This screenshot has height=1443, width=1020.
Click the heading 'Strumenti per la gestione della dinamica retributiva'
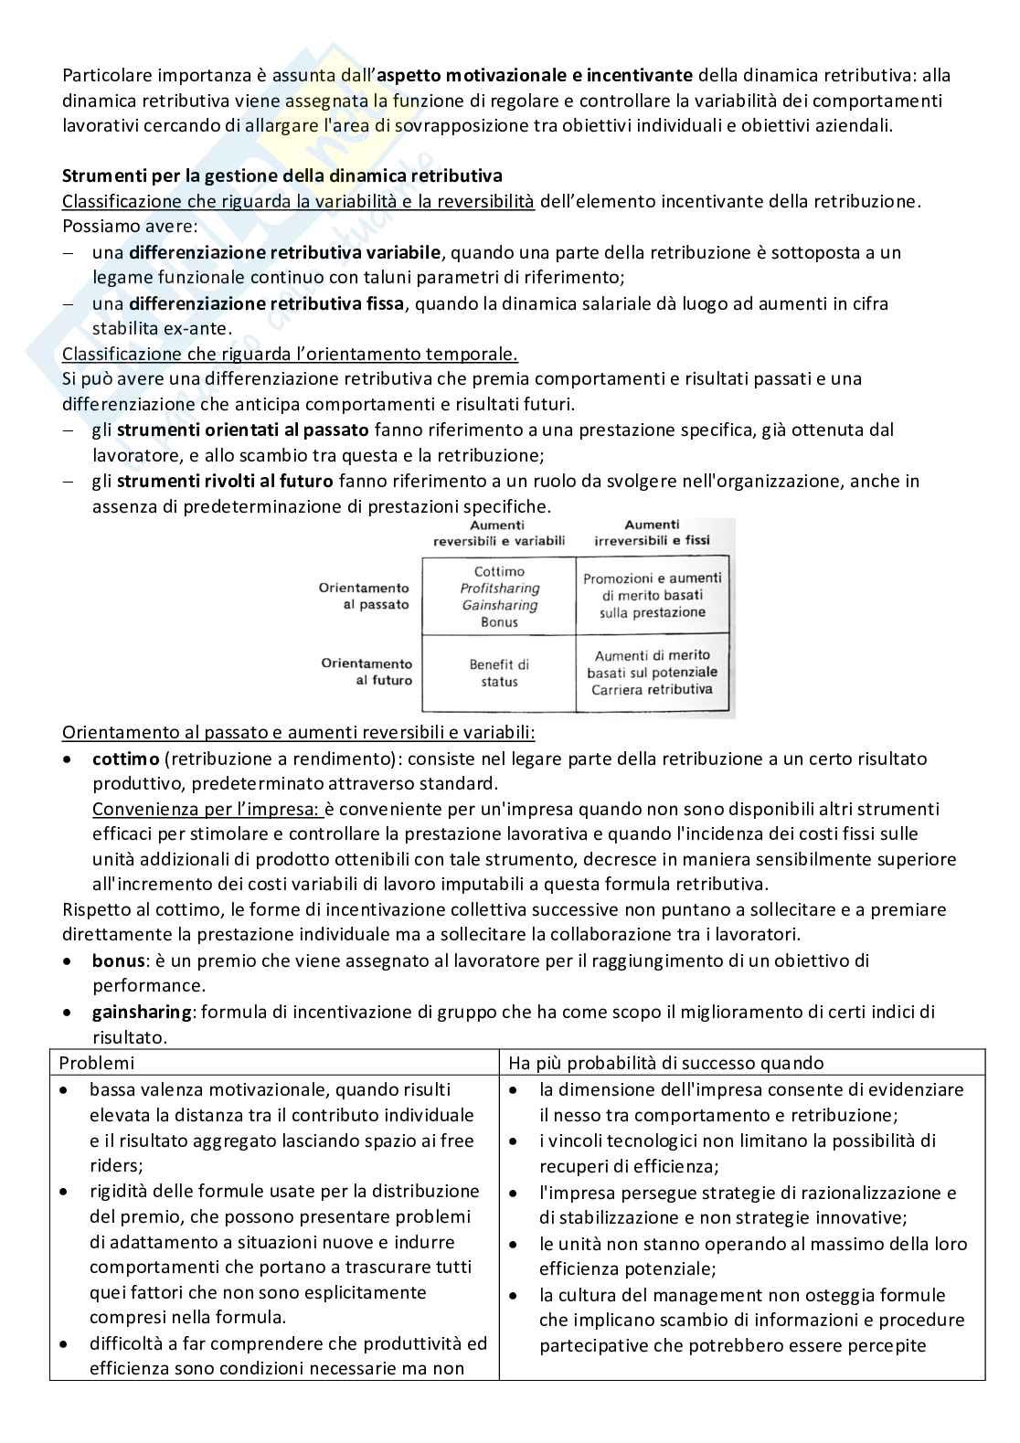click(x=282, y=175)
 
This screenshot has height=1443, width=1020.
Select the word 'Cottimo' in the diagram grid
click(x=499, y=571)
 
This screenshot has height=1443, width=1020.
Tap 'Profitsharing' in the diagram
click(x=499, y=589)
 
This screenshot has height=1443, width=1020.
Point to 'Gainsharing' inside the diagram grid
click(x=499, y=605)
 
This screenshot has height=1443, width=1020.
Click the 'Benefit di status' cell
click(x=499, y=674)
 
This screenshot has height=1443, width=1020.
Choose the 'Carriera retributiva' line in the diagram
click(x=652, y=690)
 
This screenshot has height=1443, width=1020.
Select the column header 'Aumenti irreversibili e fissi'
click(x=652, y=532)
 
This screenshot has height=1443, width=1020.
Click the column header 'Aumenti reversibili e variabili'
click(x=499, y=532)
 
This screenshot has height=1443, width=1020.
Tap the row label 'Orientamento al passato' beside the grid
click(x=365, y=596)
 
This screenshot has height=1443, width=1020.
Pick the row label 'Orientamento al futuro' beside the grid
click(x=367, y=672)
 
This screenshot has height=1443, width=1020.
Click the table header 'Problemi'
click(x=96, y=1063)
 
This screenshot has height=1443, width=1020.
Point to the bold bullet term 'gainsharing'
click(x=142, y=1012)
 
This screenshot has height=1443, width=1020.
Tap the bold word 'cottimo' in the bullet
click(x=126, y=759)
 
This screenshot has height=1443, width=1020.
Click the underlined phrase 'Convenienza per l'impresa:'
click(x=207, y=809)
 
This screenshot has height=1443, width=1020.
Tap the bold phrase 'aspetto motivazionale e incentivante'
click(x=535, y=75)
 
